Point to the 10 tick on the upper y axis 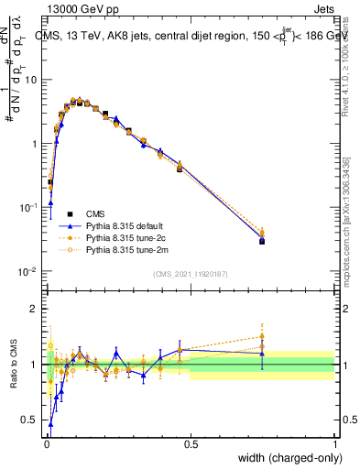click(x=30, y=80)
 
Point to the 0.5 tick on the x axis click(x=191, y=443)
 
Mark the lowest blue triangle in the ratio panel click(x=51, y=424)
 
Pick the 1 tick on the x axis click(x=334, y=443)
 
